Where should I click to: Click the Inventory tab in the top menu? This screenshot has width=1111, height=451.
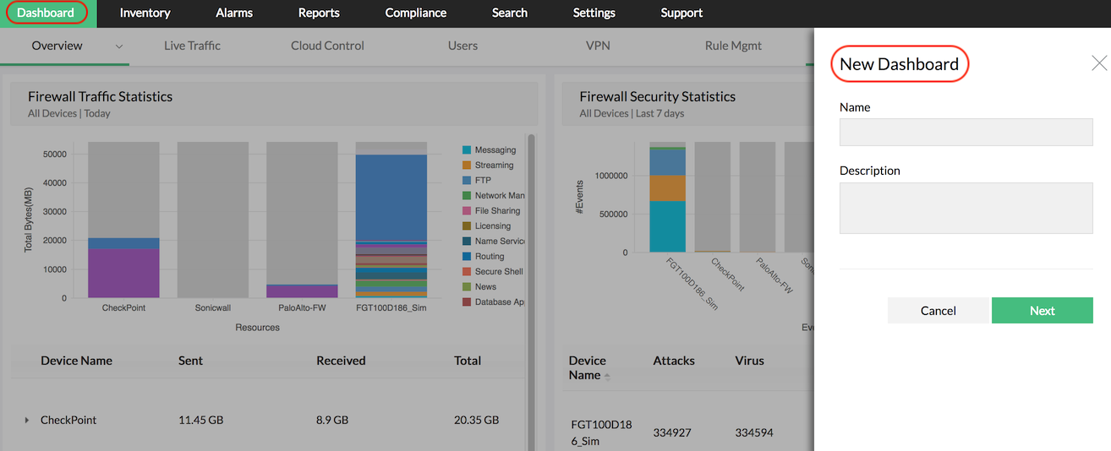pos(145,13)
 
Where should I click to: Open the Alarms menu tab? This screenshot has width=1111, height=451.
pos(234,13)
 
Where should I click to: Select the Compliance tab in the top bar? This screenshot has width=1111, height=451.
pos(415,13)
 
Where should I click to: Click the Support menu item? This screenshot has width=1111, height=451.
pos(681,13)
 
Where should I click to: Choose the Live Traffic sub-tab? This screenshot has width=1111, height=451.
pos(192,46)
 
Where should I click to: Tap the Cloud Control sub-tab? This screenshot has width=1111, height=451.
pos(327,46)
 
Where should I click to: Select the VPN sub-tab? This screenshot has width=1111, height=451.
pos(598,46)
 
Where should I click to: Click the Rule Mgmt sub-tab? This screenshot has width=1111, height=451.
pos(733,46)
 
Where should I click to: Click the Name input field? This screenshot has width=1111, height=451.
pos(966,132)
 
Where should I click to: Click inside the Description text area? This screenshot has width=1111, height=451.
pos(966,208)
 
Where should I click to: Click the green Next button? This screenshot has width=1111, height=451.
pos(1042,310)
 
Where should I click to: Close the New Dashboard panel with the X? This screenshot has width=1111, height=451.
pos(1099,62)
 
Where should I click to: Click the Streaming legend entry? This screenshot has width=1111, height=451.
pos(494,166)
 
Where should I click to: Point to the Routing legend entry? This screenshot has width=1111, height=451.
pos(489,257)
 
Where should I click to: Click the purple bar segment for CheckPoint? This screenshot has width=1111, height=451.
pos(123,273)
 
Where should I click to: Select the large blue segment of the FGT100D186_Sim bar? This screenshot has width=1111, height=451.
pos(391,198)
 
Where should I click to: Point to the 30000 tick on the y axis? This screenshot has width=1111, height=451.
pos(55,212)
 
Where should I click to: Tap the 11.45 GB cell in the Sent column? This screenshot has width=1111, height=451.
pos(200,420)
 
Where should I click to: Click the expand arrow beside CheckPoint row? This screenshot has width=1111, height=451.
pos(26,420)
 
